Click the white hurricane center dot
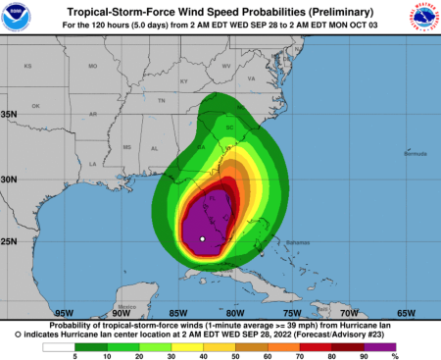[201, 238]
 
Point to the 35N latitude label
[10, 114]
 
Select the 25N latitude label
[10, 241]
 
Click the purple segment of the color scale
[381, 345]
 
